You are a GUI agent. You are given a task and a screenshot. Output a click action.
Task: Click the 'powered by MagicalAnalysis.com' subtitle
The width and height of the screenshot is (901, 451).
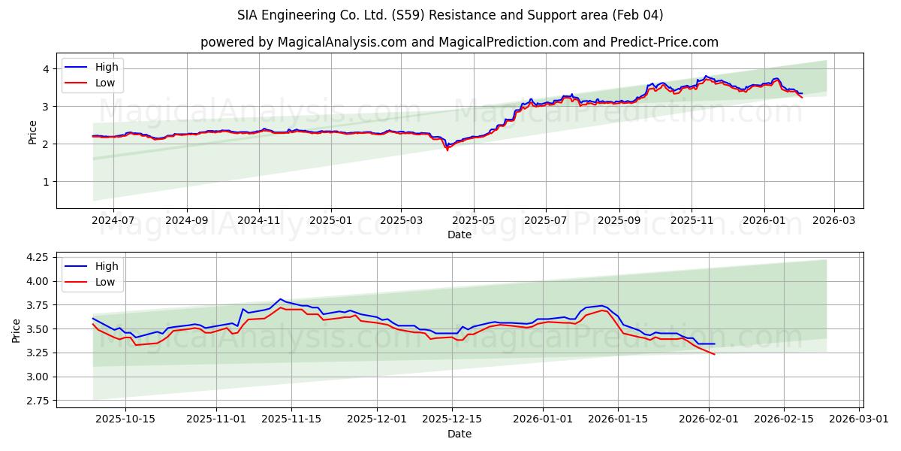459,42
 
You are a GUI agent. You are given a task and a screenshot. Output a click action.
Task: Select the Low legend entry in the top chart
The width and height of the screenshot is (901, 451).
105,83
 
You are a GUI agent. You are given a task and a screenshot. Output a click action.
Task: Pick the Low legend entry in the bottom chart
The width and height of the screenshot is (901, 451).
105,282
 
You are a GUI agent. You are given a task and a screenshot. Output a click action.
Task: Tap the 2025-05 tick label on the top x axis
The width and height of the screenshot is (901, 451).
474,221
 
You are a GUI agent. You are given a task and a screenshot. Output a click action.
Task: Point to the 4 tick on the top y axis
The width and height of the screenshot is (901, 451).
46,69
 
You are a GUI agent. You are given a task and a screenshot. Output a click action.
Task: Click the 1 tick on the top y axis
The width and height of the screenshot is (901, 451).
46,182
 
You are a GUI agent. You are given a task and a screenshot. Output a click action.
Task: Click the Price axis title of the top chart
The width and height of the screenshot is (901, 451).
32,131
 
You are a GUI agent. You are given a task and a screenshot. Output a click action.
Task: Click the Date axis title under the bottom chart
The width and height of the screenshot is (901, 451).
459,434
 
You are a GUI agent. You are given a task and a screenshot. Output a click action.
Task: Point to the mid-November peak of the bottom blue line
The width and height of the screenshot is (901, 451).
280,299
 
